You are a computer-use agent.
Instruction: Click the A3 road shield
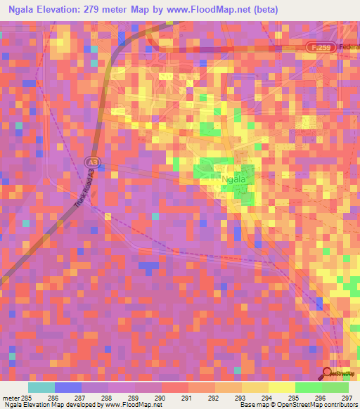[91, 161]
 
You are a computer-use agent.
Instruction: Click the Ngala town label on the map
[233, 179]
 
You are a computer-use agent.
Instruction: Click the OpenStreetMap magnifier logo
[328, 372]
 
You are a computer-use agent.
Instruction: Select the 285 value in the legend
[26, 397]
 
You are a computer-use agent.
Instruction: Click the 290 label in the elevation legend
[160, 397]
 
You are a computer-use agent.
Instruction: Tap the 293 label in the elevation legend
[240, 397]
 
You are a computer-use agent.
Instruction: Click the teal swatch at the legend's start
[41, 387]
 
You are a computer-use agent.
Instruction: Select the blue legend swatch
[68, 387]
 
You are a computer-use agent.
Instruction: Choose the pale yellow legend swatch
[281, 387]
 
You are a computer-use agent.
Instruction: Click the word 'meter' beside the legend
[10, 397]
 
